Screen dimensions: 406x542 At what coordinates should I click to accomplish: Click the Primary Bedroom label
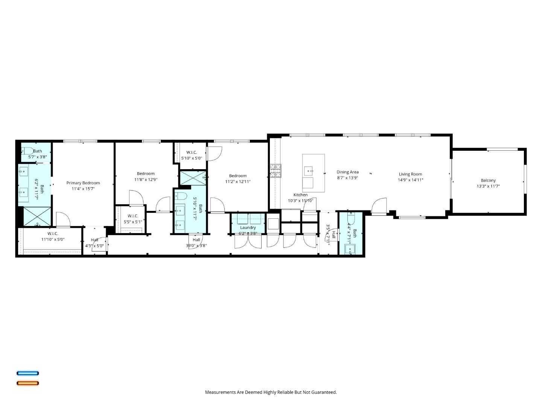[83, 183]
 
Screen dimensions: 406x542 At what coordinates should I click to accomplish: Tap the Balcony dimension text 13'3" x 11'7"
[488, 186]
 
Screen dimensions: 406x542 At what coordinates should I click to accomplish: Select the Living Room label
[410, 174]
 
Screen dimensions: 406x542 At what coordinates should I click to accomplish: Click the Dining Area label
[347, 172]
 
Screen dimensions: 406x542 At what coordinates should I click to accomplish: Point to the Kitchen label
[300, 195]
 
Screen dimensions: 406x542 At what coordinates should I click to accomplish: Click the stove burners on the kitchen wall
[276, 171]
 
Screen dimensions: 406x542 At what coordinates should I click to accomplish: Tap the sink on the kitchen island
[309, 171]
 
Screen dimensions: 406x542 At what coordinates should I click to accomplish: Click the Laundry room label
[248, 227]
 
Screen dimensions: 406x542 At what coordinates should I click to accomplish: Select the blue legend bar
[28, 373]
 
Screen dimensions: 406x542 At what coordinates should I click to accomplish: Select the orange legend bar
[28, 383]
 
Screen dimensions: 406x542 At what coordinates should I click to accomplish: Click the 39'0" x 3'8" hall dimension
[196, 246]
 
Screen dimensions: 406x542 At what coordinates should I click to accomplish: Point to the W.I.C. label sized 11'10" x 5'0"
[53, 233]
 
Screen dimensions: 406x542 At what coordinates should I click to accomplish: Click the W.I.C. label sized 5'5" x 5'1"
[133, 216]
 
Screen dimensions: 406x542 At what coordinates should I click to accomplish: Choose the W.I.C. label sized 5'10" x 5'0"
[192, 152]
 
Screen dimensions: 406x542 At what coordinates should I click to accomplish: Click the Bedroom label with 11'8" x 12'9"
[146, 174]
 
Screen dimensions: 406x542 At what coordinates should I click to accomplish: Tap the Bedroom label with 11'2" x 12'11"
[238, 176]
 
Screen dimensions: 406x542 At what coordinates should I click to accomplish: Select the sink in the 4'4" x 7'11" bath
[350, 249]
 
